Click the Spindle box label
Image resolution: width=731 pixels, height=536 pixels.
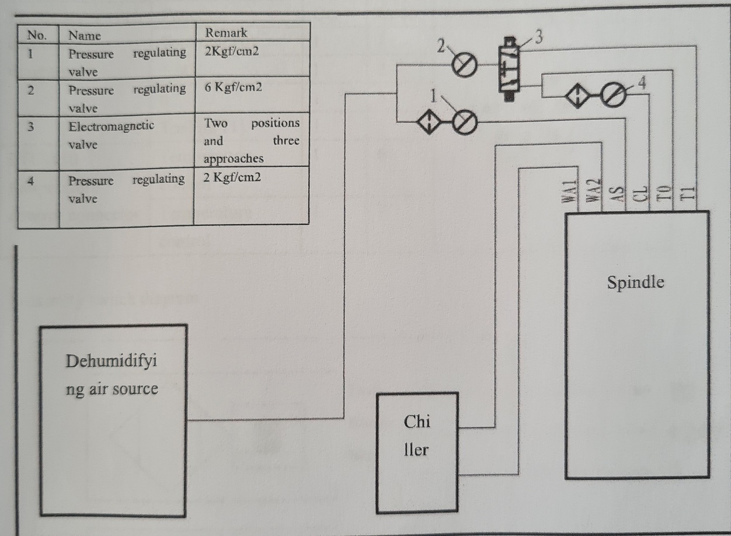(635, 283)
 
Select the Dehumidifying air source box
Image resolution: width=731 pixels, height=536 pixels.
(113, 420)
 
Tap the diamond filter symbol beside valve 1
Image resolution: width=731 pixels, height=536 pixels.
(430, 122)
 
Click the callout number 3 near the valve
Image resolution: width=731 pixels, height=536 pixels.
(538, 37)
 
